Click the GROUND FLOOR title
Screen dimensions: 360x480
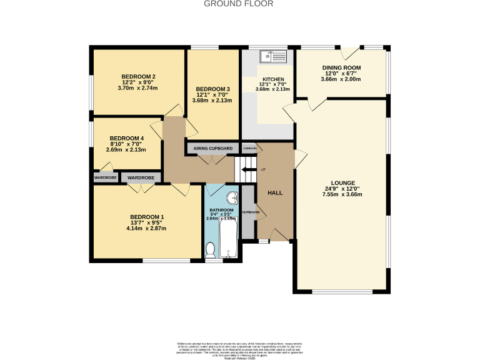(x=239, y=4)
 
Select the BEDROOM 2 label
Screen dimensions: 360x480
(x=138, y=77)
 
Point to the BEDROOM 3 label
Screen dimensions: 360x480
(x=213, y=89)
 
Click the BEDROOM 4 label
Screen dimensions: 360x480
(x=127, y=138)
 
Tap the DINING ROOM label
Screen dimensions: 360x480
(x=341, y=67)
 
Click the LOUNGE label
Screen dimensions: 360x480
(x=342, y=182)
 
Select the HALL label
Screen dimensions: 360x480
(x=275, y=192)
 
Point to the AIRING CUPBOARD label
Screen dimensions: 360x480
(x=213, y=148)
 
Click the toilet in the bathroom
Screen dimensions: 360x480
(x=211, y=250)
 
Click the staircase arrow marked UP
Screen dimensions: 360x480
(x=249, y=169)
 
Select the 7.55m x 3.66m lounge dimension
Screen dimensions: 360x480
(x=342, y=194)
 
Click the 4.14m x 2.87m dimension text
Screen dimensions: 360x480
(x=146, y=228)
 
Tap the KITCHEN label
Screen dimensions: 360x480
(x=272, y=79)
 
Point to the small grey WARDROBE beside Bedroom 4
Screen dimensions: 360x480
(x=106, y=177)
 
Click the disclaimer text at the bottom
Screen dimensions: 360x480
(x=239, y=349)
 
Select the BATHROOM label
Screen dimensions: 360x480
(x=221, y=210)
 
